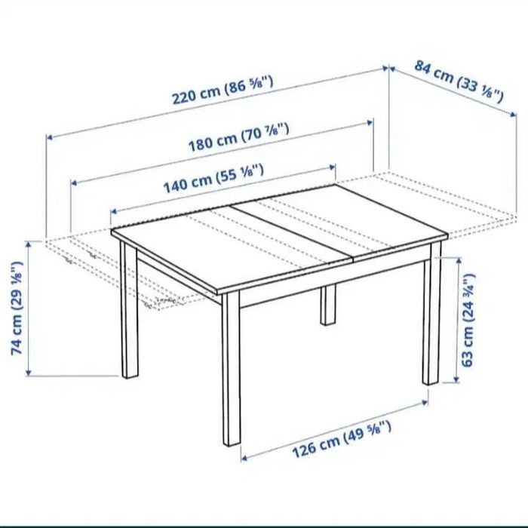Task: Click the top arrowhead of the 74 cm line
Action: [29, 243]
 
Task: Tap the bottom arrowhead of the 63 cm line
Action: [458, 380]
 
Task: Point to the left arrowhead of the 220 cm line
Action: [49, 137]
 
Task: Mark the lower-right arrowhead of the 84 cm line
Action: [515, 115]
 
